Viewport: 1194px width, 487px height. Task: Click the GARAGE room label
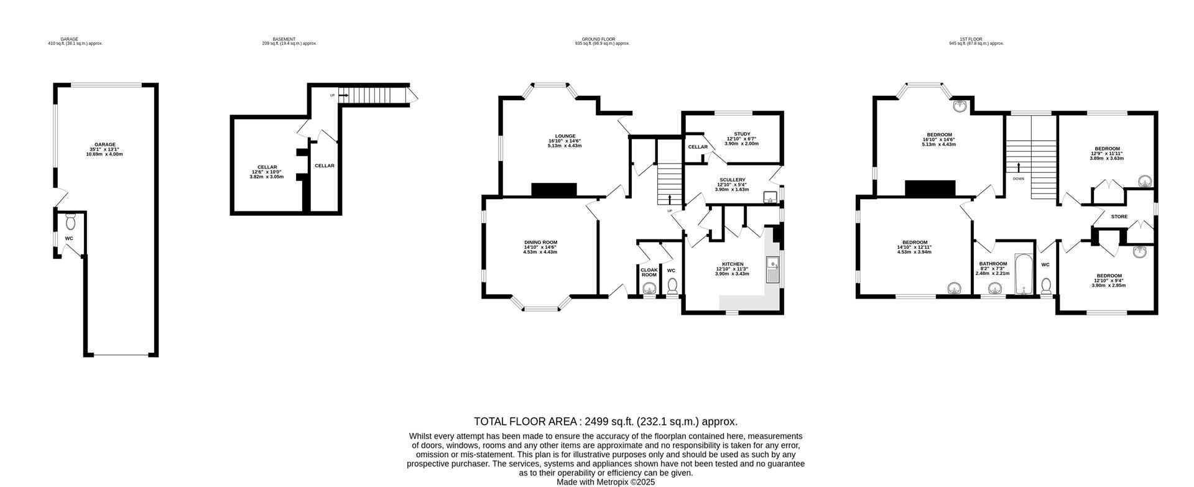pos(104,144)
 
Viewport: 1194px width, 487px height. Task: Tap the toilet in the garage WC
pos(70,221)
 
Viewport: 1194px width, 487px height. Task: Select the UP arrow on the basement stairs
pos(343,95)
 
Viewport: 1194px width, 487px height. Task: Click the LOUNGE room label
pos(565,136)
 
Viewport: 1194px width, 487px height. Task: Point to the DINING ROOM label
pos(540,243)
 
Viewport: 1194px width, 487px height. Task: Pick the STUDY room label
pos(742,134)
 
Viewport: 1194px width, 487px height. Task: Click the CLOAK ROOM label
pos(649,272)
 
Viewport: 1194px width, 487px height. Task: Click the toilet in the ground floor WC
pos(672,287)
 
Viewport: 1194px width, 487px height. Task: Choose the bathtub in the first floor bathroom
pos(1022,274)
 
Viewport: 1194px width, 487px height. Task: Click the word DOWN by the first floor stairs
pos(1018,179)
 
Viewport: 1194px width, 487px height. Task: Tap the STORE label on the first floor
pos(1119,217)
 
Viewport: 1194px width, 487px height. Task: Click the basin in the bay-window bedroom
pos(961,106)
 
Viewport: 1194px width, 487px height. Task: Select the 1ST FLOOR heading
pos(976,39)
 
